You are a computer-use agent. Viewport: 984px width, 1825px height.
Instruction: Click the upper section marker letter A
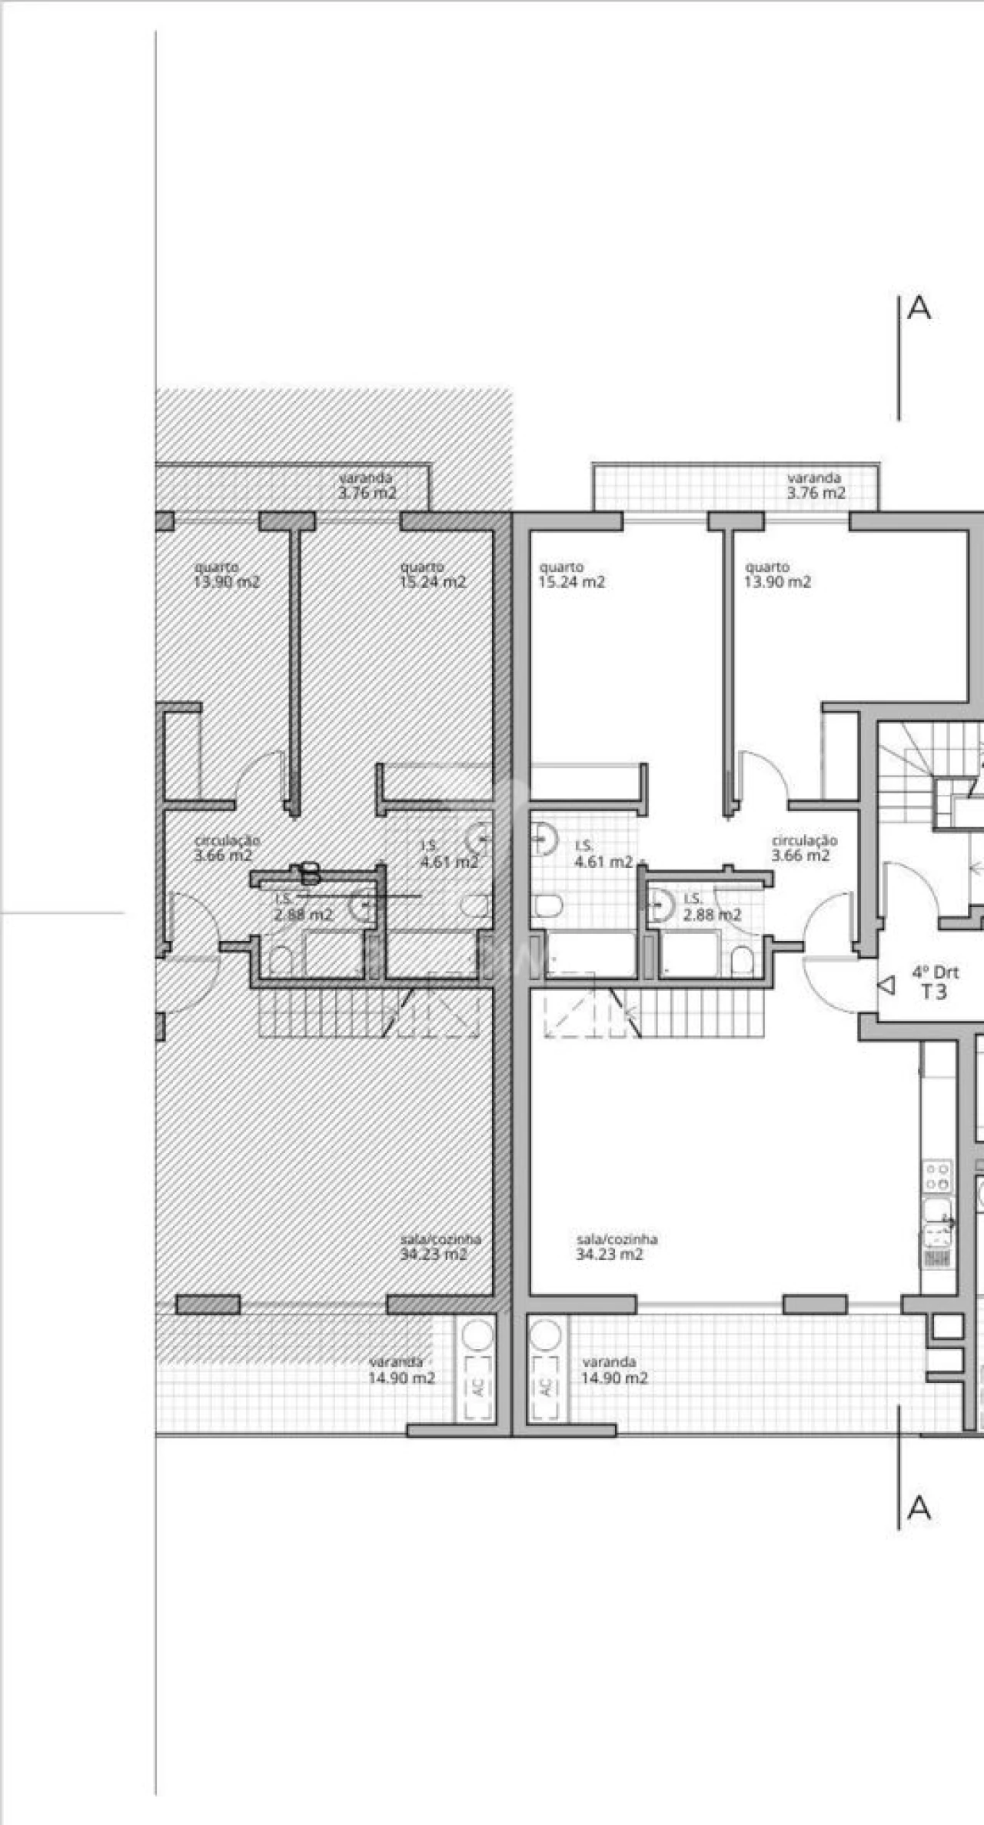919,308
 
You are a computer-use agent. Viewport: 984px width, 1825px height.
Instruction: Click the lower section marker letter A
919,1509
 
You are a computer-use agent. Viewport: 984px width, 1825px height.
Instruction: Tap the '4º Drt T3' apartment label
935,982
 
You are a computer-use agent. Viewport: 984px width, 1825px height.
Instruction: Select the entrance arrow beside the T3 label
888,985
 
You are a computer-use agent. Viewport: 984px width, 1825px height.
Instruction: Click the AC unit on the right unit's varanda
547,1386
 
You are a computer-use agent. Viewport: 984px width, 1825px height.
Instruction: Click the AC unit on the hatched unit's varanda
478,1386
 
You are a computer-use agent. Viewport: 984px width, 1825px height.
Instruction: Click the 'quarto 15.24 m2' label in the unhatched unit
571,575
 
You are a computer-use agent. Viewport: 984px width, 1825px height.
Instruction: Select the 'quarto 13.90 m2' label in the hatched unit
226,575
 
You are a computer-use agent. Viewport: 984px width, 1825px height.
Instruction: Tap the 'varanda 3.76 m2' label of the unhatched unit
815,486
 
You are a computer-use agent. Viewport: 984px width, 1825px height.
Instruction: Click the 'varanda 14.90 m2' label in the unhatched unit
613,1371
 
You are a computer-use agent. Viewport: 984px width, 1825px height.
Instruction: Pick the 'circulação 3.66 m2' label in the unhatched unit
803,848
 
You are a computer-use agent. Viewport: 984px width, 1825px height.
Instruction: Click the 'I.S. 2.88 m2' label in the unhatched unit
712,908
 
